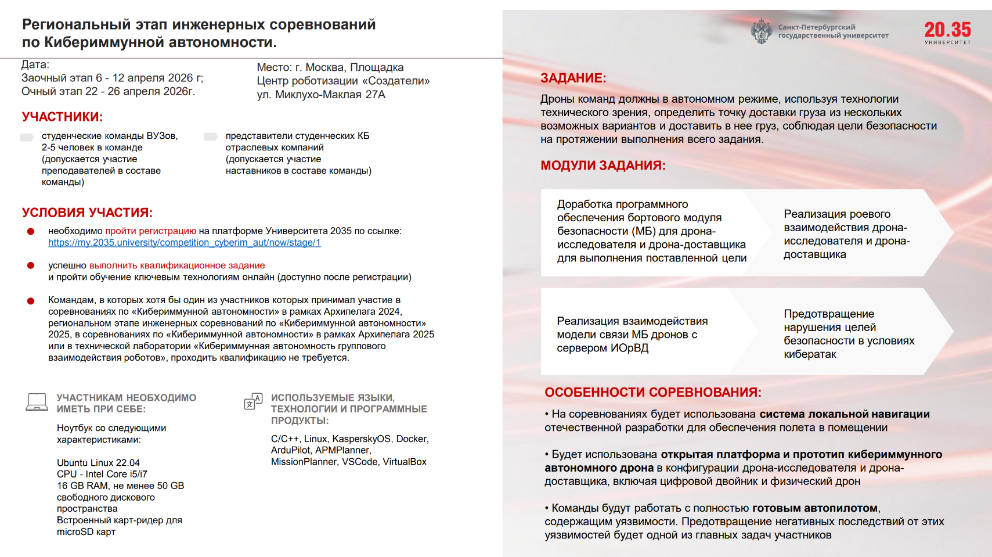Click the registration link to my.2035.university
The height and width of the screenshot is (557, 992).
[184, 243]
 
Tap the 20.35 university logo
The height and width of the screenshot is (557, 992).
[947, 32]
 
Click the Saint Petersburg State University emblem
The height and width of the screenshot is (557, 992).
[761, 31]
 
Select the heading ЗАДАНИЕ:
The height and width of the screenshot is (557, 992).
[573, 78]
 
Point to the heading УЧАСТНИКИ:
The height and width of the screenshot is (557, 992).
[62, 117]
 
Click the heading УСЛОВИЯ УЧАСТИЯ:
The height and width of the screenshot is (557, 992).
[87, 213]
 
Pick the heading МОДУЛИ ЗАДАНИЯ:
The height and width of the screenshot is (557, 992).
[603, 166]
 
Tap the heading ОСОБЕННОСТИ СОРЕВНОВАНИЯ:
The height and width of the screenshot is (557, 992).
[652, 393]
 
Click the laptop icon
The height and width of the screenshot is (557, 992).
[37, 402]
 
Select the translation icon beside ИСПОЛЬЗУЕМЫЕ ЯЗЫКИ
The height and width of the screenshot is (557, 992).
[253, 401]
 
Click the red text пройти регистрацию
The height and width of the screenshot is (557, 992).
[151, 231]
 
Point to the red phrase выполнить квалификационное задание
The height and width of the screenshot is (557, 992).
[177, 265]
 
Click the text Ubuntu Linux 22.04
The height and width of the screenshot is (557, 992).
[98, 463]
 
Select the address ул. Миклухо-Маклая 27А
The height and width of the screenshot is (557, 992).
[321, 95]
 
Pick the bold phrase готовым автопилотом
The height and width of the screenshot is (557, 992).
[815, 508]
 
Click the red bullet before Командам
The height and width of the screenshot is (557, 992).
[31, 301]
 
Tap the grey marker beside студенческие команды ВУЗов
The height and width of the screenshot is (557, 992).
[27, 137]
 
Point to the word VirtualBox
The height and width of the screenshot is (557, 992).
[405, 462]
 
